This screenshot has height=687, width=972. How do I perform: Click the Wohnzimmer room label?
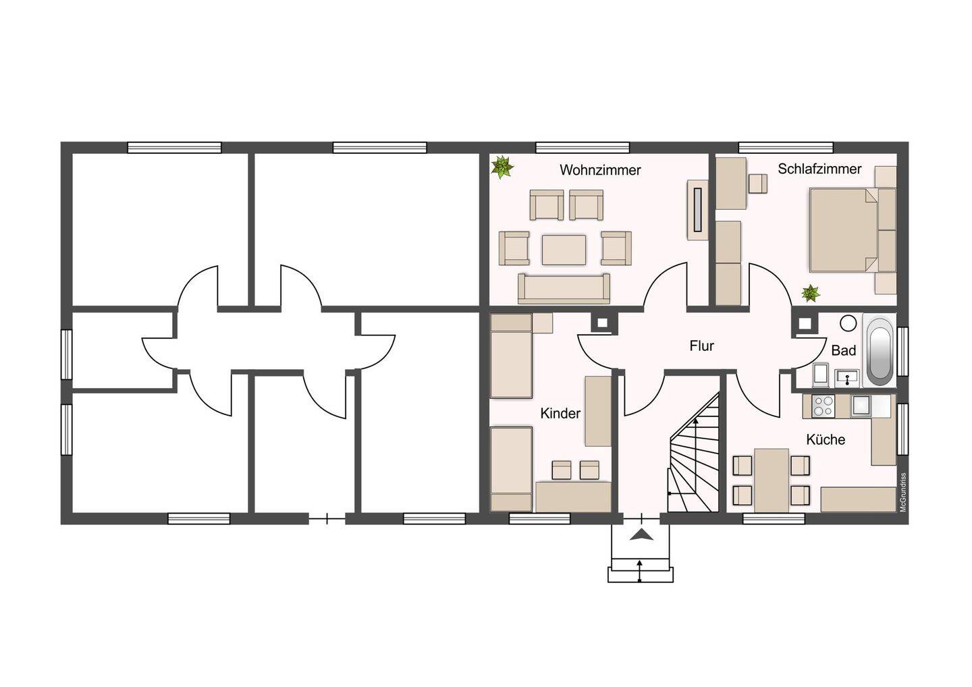point(600,170)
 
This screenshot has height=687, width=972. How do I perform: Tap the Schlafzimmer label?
point(819,169)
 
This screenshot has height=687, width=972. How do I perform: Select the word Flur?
point(702,346)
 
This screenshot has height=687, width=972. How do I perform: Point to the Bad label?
point(844,350)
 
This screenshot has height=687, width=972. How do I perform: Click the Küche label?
point(826,439)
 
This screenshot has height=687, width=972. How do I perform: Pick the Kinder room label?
point(560,413)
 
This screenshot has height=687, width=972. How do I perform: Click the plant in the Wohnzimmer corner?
point(502,167)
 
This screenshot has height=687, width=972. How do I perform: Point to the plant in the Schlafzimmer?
point(810,293)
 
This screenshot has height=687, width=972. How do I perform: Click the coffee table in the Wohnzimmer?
point(564,250)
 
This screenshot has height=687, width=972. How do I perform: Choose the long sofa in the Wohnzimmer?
point(564,288)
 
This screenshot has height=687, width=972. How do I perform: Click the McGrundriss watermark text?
point(903,492)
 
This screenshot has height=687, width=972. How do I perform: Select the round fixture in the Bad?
point(848,323)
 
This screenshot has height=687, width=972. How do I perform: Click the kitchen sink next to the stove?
point(860,406)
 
